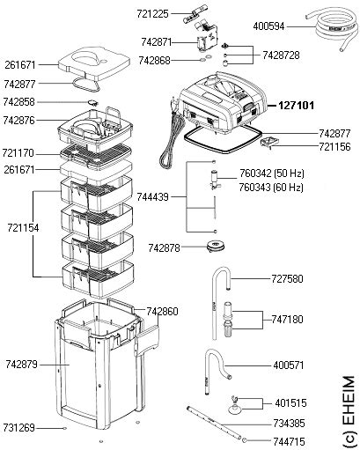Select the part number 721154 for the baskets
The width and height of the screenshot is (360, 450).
(21, 226)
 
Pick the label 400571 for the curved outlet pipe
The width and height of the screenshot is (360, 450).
(287, 363)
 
